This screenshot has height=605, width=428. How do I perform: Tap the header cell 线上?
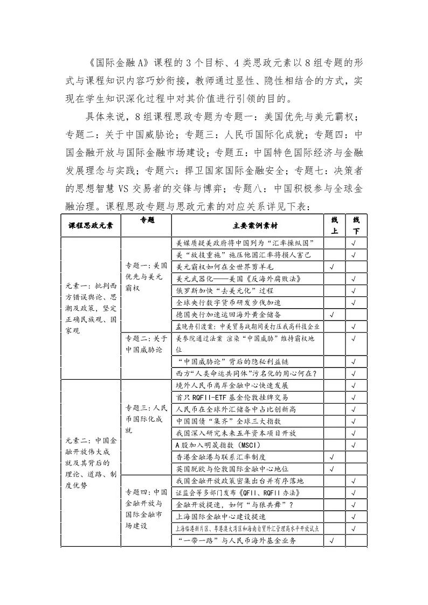334,225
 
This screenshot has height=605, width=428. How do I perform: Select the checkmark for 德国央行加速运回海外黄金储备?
333,314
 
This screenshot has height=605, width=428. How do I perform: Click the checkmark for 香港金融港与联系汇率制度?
333,457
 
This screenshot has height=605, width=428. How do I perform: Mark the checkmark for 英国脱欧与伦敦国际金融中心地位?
333,469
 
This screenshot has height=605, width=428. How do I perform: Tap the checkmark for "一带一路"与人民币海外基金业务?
333,541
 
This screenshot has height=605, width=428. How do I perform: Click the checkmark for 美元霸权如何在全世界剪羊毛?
333,267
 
